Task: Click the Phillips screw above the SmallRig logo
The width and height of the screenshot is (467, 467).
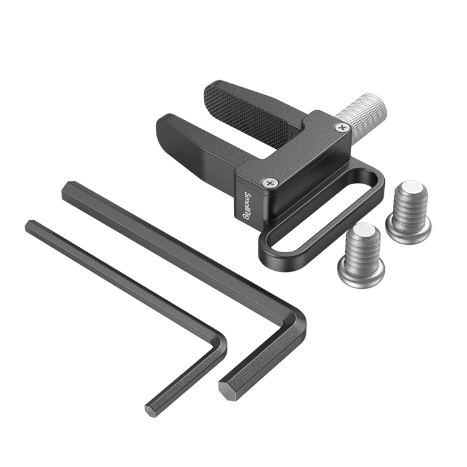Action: click(270, 182)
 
